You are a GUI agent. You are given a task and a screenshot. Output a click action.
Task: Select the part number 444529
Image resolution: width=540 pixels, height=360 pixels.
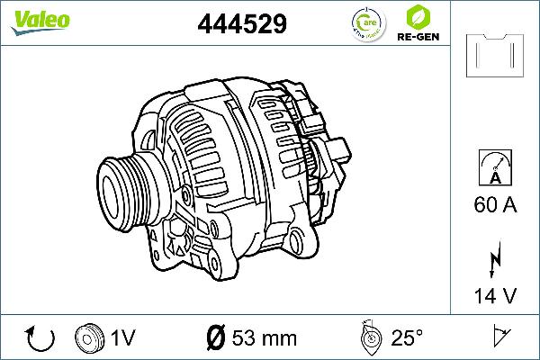(242, 24)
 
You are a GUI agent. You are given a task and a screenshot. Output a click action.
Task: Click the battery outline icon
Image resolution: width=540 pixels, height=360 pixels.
(494, 56)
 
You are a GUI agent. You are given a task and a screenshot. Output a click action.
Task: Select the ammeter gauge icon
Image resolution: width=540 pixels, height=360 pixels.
(494, 169)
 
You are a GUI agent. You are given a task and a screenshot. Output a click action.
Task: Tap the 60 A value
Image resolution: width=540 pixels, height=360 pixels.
(494, 205)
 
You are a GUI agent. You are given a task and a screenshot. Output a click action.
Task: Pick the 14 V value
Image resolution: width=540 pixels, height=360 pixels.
(494, 296)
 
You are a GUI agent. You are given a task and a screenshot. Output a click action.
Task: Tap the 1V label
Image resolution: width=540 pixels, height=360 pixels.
(123, 338)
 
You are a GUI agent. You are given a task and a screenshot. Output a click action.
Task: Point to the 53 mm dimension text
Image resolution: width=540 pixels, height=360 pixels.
(265, 338)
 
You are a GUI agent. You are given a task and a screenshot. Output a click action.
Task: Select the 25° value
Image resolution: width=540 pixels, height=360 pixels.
(407, 338)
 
